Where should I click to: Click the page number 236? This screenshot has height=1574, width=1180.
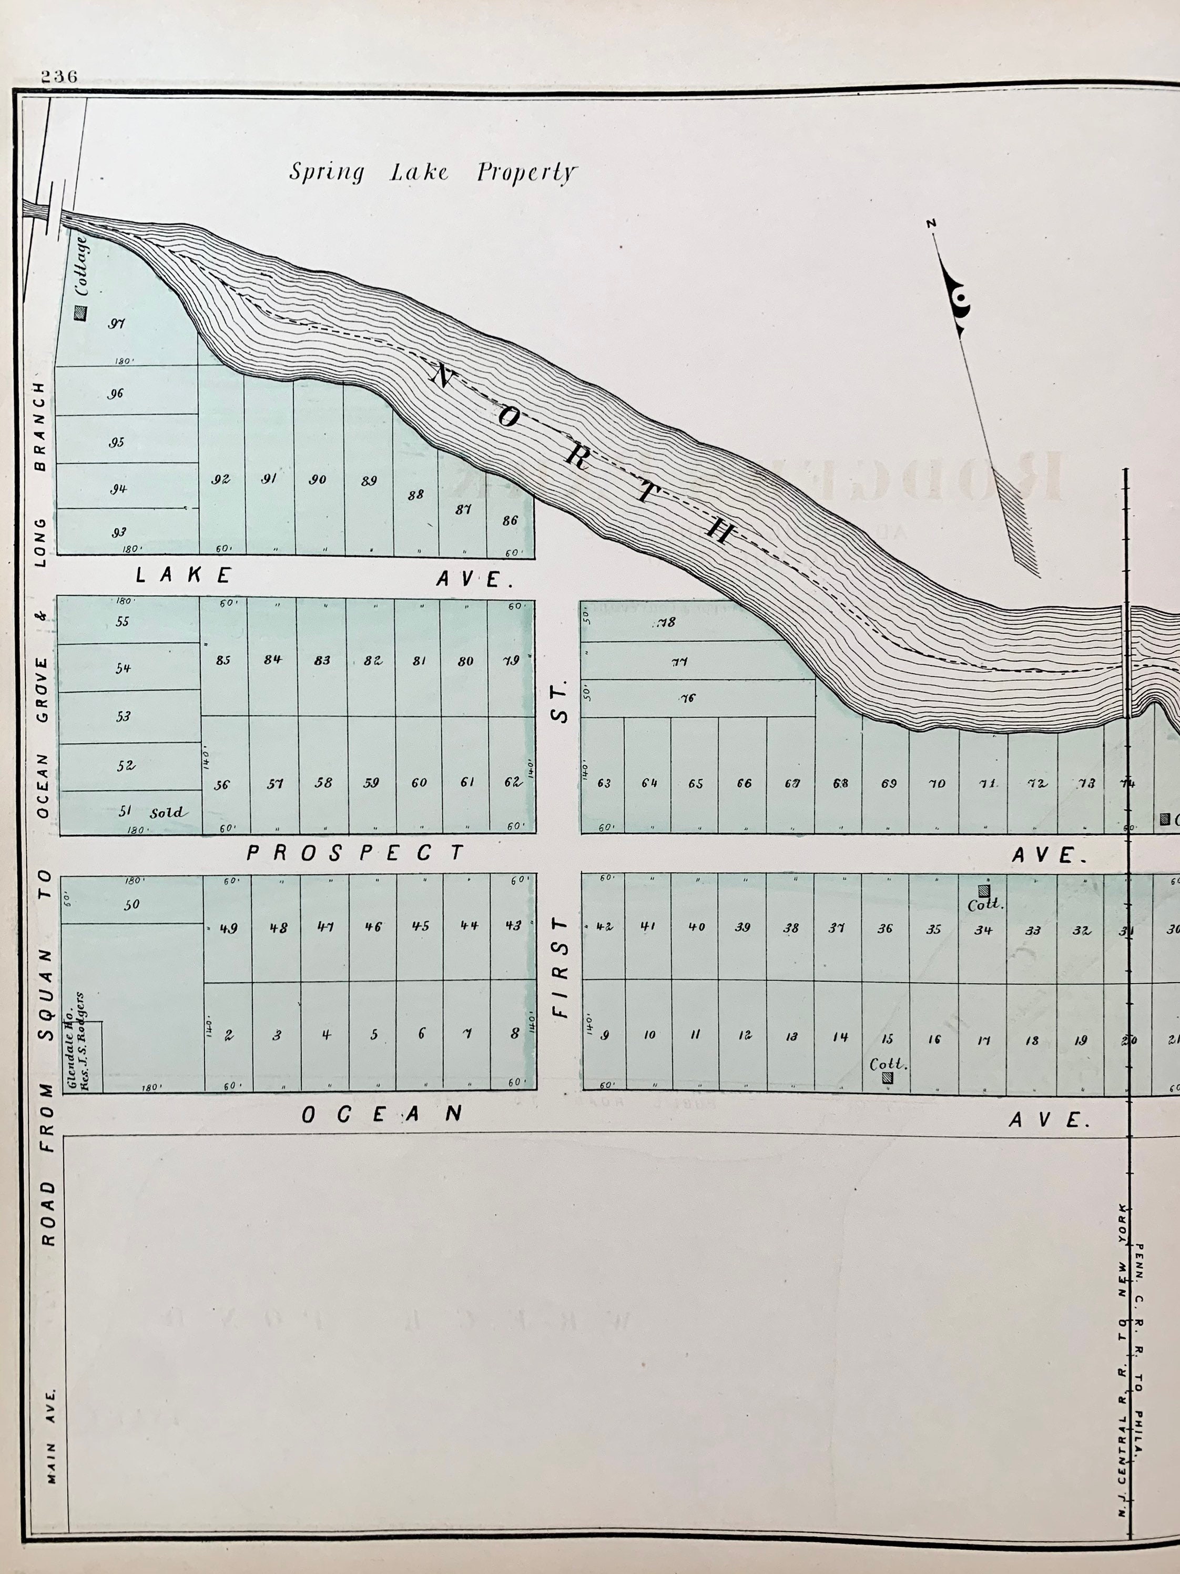tap(58, 77)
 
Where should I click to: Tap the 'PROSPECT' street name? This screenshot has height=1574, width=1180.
tap(355, 852)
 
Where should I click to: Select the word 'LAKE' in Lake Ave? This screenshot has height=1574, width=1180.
tap(184, 575)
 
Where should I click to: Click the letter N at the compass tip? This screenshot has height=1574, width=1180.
tap(931, 224)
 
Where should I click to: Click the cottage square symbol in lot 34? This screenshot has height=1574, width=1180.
tap(984, 891)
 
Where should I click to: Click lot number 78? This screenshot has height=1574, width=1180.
tap(666, 623)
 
